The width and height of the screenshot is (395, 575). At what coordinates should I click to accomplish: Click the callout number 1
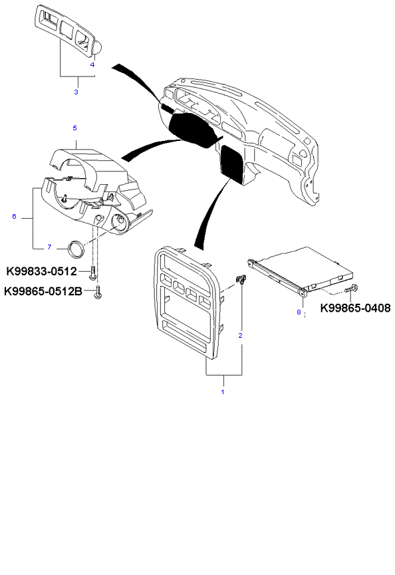(x=222, y=392)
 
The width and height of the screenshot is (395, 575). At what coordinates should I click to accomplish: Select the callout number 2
(x=240, y=336)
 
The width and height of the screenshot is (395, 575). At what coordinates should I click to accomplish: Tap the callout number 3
(x=76, y=92)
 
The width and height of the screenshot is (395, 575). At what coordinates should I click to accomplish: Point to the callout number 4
(x=92, y=65)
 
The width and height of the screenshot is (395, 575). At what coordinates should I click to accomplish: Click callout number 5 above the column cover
(x=75, y=128)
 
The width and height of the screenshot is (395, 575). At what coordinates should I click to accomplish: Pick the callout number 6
(x=15, y=216)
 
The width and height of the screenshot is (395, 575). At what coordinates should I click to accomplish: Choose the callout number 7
(x=49, y=247)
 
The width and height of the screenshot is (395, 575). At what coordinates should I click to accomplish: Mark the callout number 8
(x=299, y=312)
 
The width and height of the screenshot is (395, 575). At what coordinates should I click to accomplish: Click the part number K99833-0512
(x=42, y=271)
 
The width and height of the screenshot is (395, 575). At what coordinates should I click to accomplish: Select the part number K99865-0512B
(x=43, y=292)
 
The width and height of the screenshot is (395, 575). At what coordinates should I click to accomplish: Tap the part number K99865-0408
(x=355, y=308)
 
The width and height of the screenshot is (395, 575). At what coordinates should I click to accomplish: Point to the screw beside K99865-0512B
(x=98, y=292)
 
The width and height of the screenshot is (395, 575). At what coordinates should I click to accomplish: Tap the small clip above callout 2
(x=241, y=279)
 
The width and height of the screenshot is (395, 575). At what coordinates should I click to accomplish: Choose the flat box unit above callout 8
(x=301, y=269)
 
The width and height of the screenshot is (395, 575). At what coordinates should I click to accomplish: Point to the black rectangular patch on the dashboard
(x=232, y=163)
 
